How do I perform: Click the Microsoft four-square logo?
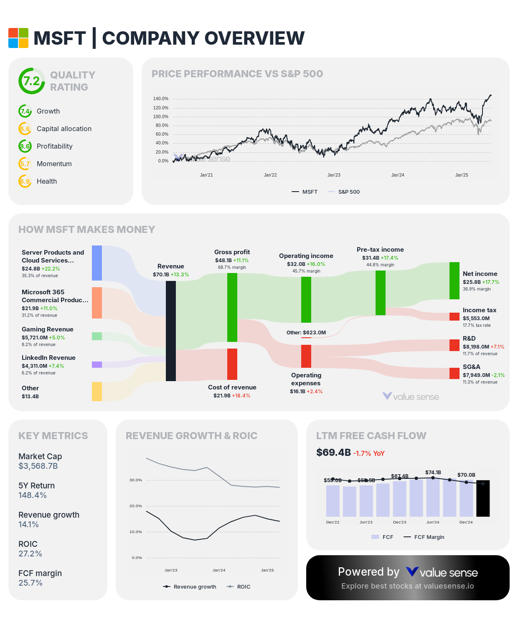[18, 38]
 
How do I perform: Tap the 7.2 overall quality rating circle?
[31, 81]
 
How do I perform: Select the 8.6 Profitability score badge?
[25, 146]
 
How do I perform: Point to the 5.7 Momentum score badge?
[25, 164]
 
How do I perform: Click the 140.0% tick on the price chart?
[161, 99]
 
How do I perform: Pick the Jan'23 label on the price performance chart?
[334, 175]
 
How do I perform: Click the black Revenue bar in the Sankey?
[171, 331]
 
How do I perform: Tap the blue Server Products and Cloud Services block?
[97, 263]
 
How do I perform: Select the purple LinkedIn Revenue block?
[97, 364]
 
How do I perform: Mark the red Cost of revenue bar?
[232, 364]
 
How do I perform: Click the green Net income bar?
[455, 281]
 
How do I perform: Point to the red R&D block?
[455, 345]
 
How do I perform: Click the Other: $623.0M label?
[306, 333]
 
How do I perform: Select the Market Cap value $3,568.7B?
[38, 466]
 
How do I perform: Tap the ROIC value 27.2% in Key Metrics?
[30, 554]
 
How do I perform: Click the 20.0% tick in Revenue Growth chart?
[136, 506]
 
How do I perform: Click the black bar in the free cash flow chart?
[483, 498]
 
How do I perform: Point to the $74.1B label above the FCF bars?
[433, 473]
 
